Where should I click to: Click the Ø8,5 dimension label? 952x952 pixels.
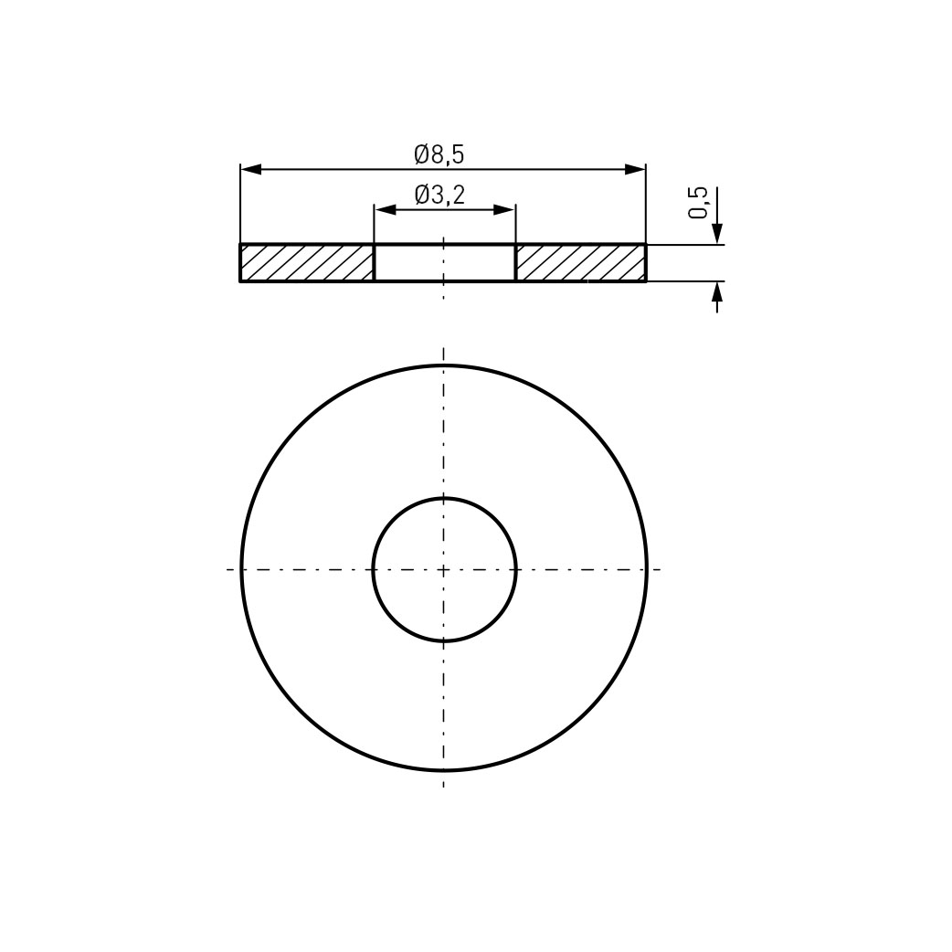coord(439,154)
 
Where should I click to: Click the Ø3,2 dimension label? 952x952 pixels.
coord(439,195)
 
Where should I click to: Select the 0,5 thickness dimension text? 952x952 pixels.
coord(698,203)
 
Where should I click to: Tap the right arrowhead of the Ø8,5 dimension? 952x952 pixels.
coord(635,169)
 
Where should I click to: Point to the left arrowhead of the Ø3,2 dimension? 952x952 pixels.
coord(385,210)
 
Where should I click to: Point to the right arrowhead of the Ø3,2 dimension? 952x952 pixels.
coord(504,210)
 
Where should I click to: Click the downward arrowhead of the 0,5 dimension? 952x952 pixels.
coord(717,234)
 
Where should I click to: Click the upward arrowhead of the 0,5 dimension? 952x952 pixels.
coord(717,292)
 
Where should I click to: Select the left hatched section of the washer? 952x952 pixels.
coord(307,263)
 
